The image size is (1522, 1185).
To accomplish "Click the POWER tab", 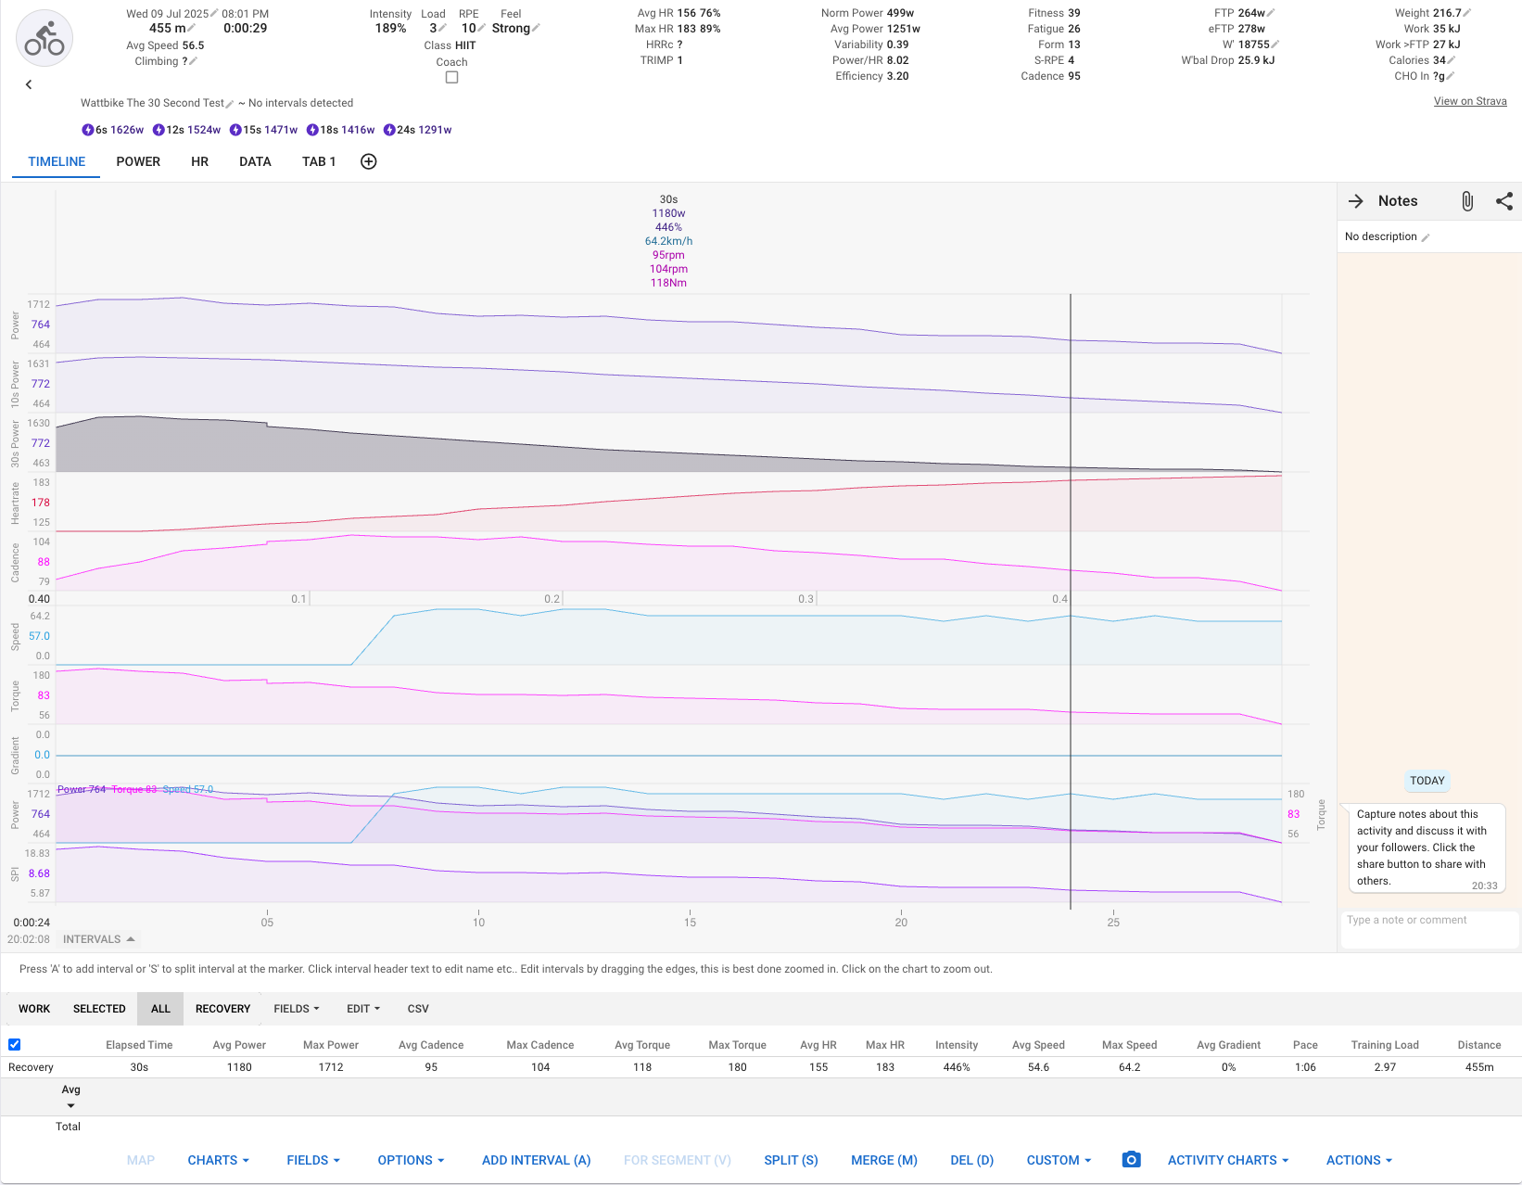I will (x=138, y=161).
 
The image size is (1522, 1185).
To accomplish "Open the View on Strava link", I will (x=1469, y=101).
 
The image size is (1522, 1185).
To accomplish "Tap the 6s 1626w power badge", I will (x=113, y=130).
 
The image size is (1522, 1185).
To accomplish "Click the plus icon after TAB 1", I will (x=368, y=161).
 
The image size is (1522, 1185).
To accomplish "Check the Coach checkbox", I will (x=451, y=78).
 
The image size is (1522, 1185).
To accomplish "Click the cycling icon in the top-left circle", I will (x=44, y=39).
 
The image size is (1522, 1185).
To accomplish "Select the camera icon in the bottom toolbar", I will (x=1131, y=1160).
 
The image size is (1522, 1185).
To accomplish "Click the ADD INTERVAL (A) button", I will (x=536, y=1160).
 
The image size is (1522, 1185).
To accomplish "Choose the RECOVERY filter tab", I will (x=222, y=1009).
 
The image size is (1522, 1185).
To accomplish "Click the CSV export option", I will (x=418, y=1009).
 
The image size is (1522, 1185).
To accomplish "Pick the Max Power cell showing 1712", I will (x=331, y=1067).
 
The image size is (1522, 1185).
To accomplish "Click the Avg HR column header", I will (x=818, y=1045).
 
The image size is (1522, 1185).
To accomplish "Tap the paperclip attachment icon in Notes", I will (x=1467, y=201).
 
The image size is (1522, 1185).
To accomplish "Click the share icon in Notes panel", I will (x=1503, y=201).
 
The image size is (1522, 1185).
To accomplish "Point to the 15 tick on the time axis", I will (x=690, y=922).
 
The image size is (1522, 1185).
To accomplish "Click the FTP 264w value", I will (x=1250, y=13).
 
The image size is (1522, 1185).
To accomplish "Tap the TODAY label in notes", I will (x=1427, y=781).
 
